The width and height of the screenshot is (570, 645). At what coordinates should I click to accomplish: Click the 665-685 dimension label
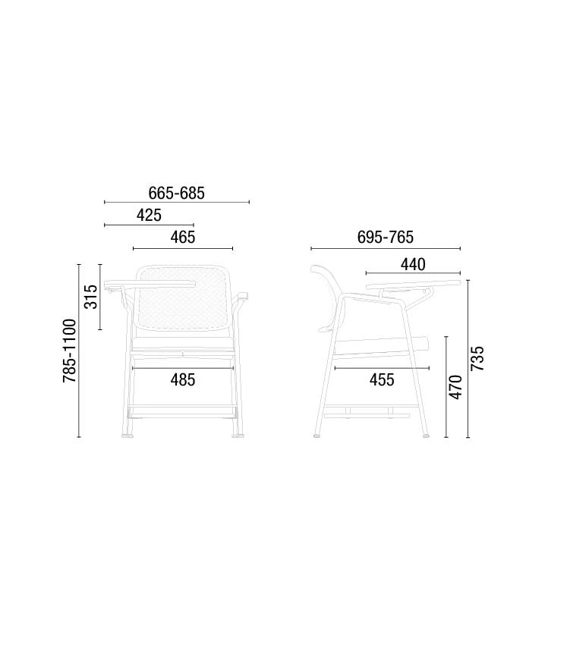tap(176, 193)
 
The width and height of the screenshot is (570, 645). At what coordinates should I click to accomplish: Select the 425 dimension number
tap(149, 216)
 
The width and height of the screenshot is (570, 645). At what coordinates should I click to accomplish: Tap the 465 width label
tap(183, 238)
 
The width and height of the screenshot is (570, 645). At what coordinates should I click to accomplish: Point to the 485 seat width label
tap(183, 380)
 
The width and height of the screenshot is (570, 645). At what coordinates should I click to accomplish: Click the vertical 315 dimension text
tap(91, 297)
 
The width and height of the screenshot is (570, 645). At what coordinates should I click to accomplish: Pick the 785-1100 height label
tap(70, 351)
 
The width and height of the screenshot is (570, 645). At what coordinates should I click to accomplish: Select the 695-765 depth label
tap(386, 238)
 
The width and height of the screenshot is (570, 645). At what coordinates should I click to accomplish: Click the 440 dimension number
tap(413, 265)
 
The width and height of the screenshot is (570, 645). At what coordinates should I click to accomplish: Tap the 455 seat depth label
tap(382, 380)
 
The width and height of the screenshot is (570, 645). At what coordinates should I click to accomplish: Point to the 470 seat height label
tap(455, 387)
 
